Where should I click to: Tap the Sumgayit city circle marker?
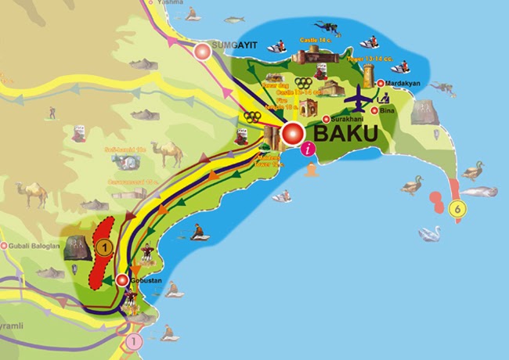pos(204,52)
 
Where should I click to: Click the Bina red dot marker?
pos(375,110)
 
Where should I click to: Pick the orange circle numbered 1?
pos(105,247)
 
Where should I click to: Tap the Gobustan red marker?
pos(121,279)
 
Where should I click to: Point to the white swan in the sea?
pos(428,233)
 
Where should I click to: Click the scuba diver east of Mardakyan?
pos(442,88)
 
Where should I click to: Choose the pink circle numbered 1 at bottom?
pos(134,341)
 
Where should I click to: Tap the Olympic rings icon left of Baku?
pos(251,117)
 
